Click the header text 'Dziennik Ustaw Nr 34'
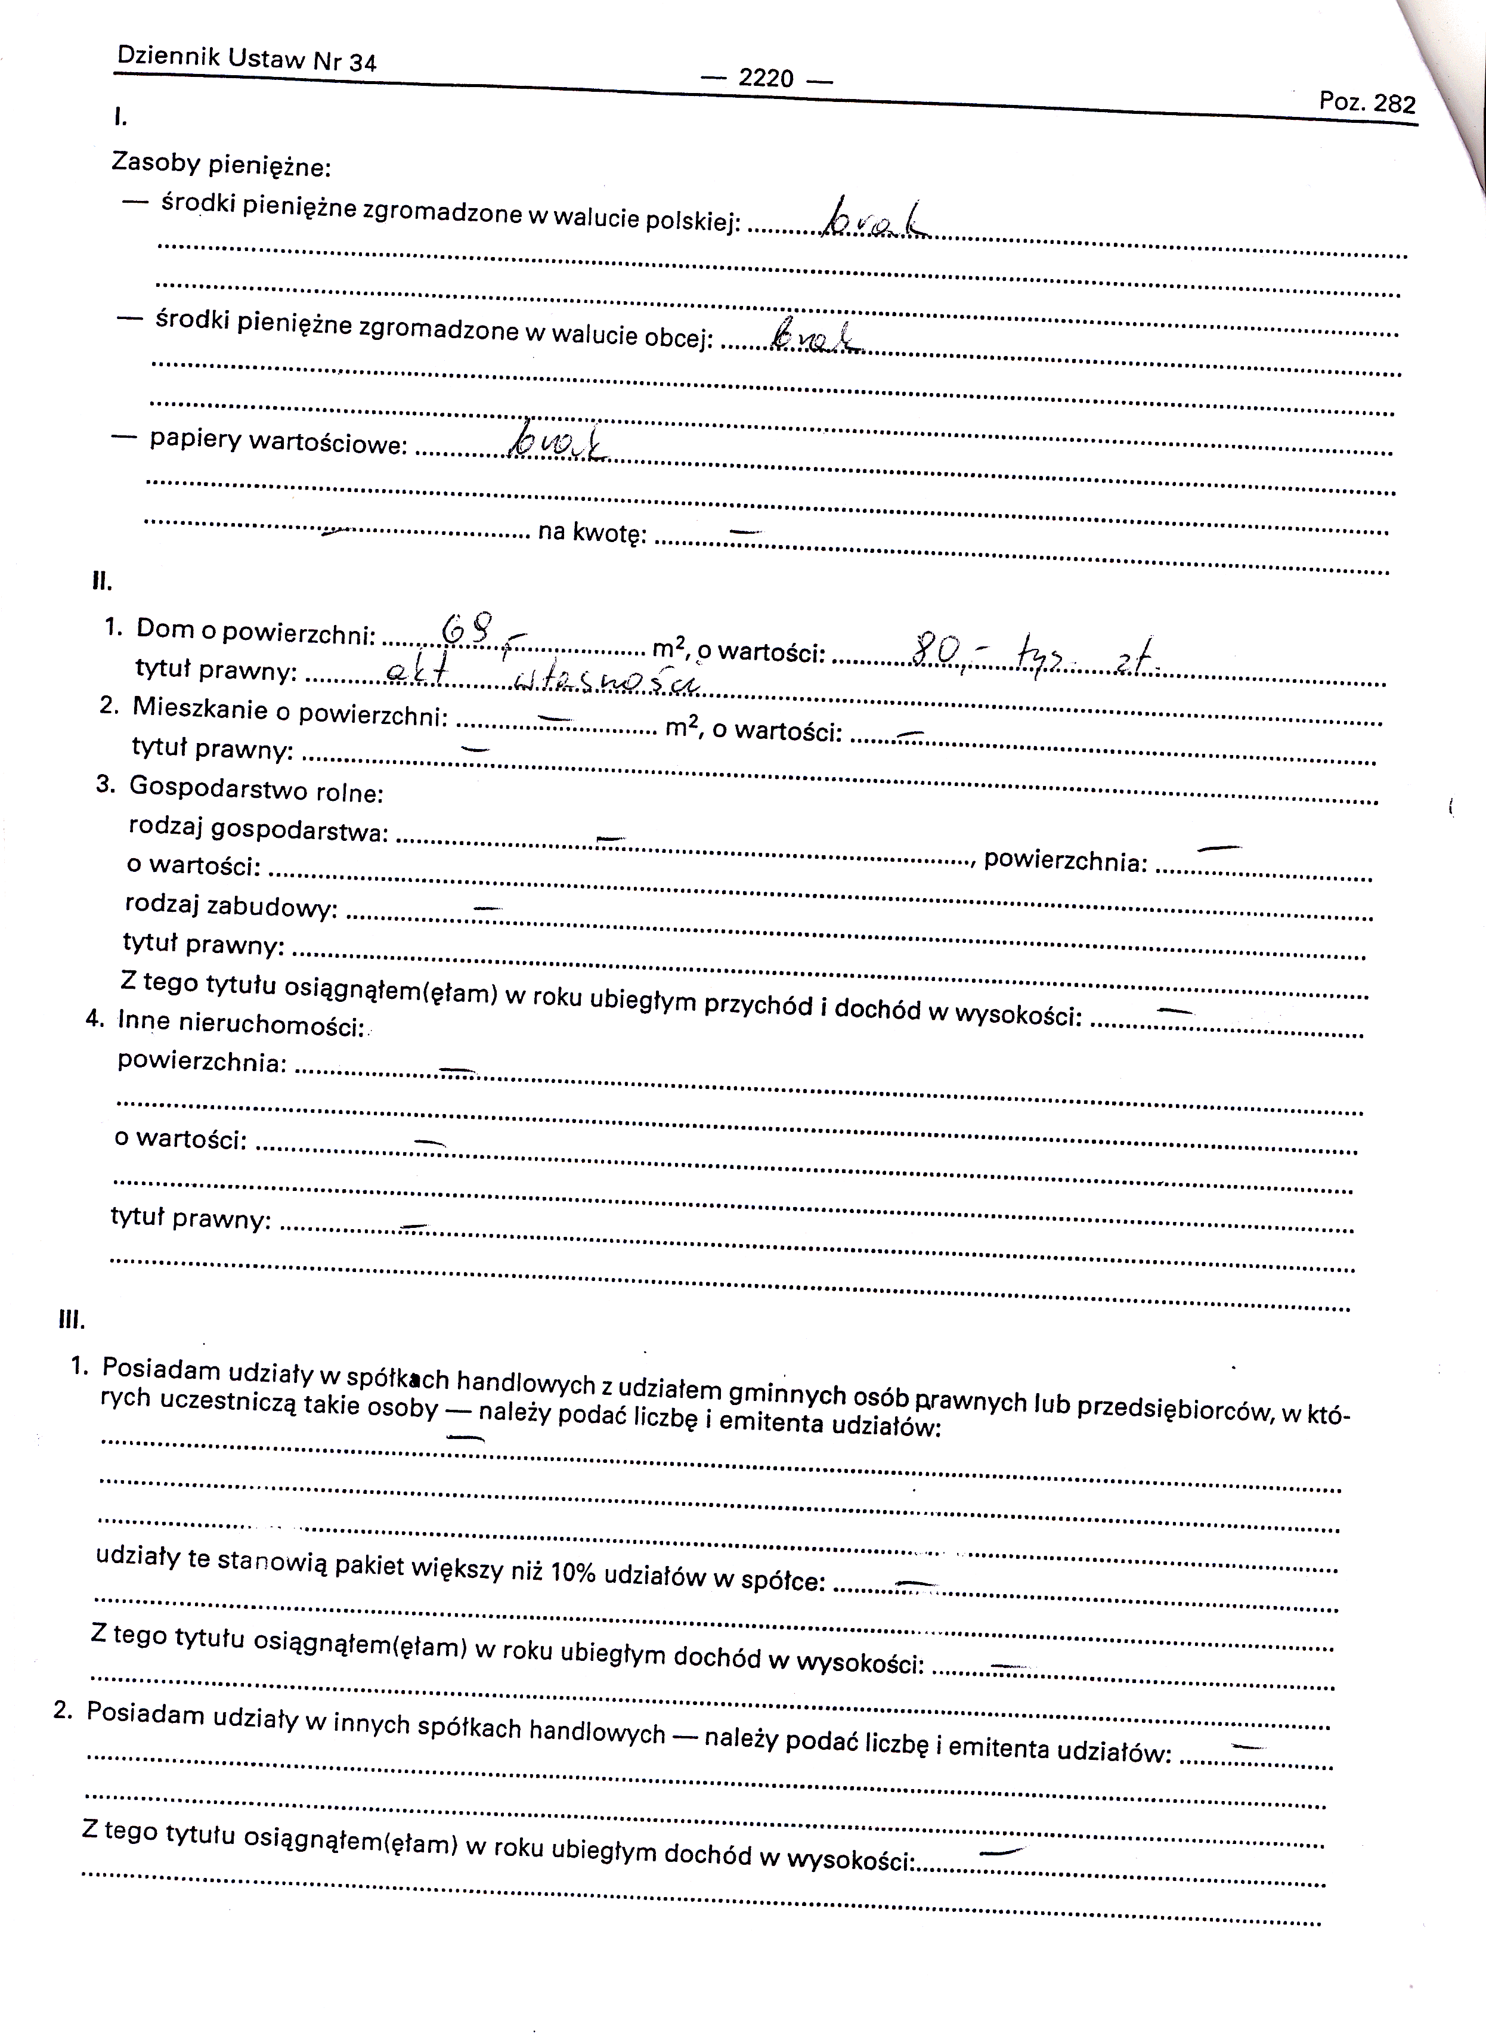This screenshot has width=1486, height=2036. tap(246, 60)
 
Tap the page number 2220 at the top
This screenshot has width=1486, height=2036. tap(766, 78)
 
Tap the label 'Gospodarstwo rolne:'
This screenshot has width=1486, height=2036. tap(256, 789)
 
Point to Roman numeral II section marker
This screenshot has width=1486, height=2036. tap(101, 581)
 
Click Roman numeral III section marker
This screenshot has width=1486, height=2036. tap(72, 1321)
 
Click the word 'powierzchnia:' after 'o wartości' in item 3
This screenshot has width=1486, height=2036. tap(1064, 860)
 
